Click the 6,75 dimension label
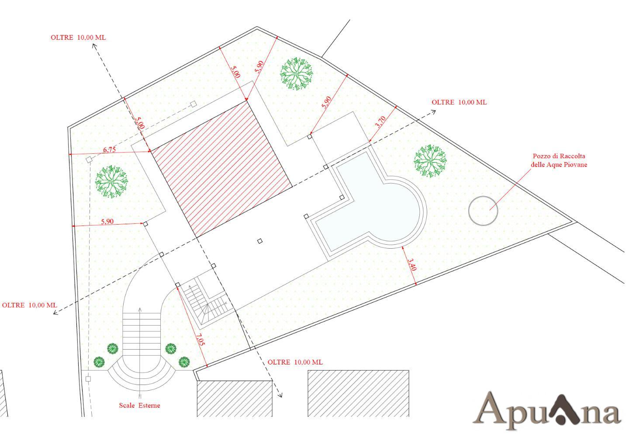tap(109, 150)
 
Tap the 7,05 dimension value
tap(200, 339)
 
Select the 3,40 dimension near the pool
tap(411, 264)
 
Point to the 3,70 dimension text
tap(380, 122)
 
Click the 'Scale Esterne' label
tap(140, 405)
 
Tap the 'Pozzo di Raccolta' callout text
tap(559, 156)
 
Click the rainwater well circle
tap(483, 211)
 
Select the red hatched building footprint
tap(221, 170)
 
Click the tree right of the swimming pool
tap(430, 161)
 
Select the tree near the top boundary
tap(296, 74)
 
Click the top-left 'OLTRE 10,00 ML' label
tap(78, 37)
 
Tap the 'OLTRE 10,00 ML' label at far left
tap(30, 305)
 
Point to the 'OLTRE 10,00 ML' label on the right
tap(459, 102)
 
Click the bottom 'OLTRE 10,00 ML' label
tap(295, 362)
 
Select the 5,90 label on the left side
tap(107, 222)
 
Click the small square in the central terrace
tap(260, 241)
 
